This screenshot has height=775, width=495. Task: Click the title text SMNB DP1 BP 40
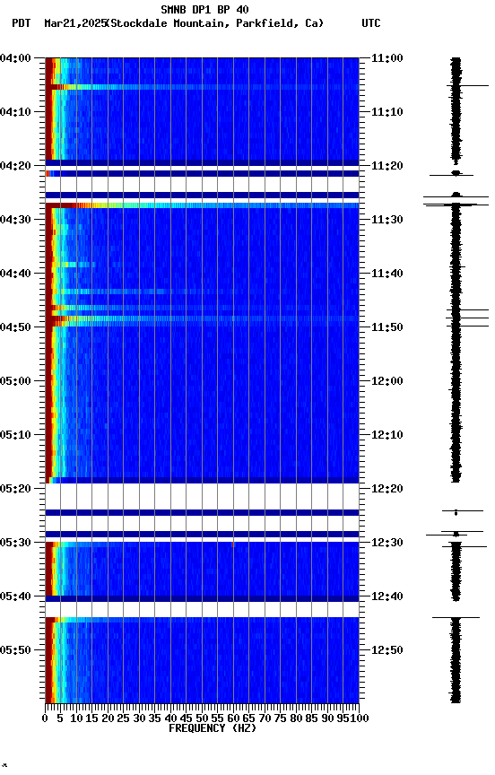coord(205,10)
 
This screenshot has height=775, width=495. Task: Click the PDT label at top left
coord(22,23)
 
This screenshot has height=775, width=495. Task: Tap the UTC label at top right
coord(371,23)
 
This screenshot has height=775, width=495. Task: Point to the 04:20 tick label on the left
coord(16,166)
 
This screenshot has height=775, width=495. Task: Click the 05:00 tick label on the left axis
coord(16,381)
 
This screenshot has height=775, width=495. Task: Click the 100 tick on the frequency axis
coord(359,718)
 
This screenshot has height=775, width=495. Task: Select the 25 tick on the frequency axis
coord(124,718)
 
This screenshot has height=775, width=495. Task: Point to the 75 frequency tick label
coord(281,718)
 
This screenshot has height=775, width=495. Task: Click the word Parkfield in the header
coord(265,23)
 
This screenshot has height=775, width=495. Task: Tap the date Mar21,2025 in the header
coord(74,23)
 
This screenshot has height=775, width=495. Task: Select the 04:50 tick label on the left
coord(16,327)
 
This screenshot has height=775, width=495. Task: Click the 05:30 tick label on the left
coord(16,543)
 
